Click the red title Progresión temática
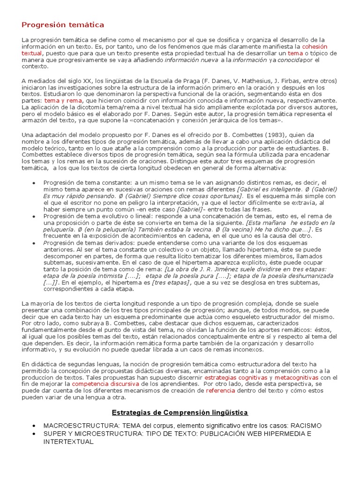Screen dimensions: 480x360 tap(63, 24)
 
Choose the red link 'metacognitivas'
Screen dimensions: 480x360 tap(296, 377)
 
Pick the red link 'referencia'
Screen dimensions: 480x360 tap(220, 390)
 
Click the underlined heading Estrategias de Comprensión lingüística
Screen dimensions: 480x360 tap(180, 412)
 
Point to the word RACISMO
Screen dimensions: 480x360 tap(306, 425)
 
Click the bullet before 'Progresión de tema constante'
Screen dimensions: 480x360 tap(33, 182)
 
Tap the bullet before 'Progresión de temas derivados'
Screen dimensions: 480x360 tap(33, 243)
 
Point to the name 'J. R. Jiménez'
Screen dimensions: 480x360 tap(202, 270)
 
